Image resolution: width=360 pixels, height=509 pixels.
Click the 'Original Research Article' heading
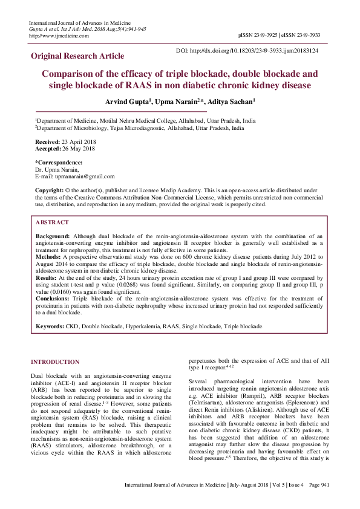pyautogui.click(x=77, y=56)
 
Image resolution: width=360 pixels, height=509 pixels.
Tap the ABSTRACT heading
pyautogui.click(x=52, y=222)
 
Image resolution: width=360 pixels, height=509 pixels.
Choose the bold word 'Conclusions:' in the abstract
pyautogui.click(x=53, y=299)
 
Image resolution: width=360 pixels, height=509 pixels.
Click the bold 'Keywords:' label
pyautogui.click(x=50, y=326)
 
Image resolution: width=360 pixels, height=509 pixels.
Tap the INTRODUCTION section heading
pyautogui.click(x=55, y=362)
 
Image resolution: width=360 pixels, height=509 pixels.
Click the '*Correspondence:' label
pyautogui.click(x=59, y=163)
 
